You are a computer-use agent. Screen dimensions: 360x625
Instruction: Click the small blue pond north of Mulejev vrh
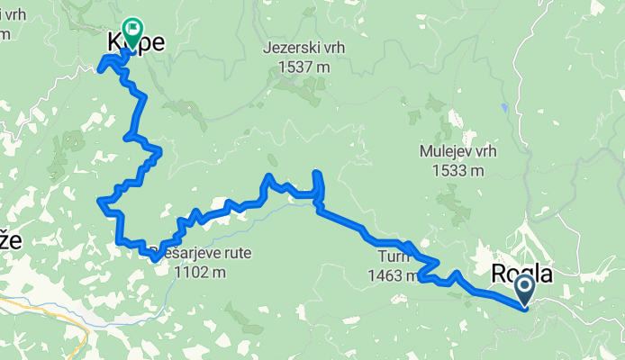point(505,107)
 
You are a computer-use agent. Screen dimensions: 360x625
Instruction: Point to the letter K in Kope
point(114,42)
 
